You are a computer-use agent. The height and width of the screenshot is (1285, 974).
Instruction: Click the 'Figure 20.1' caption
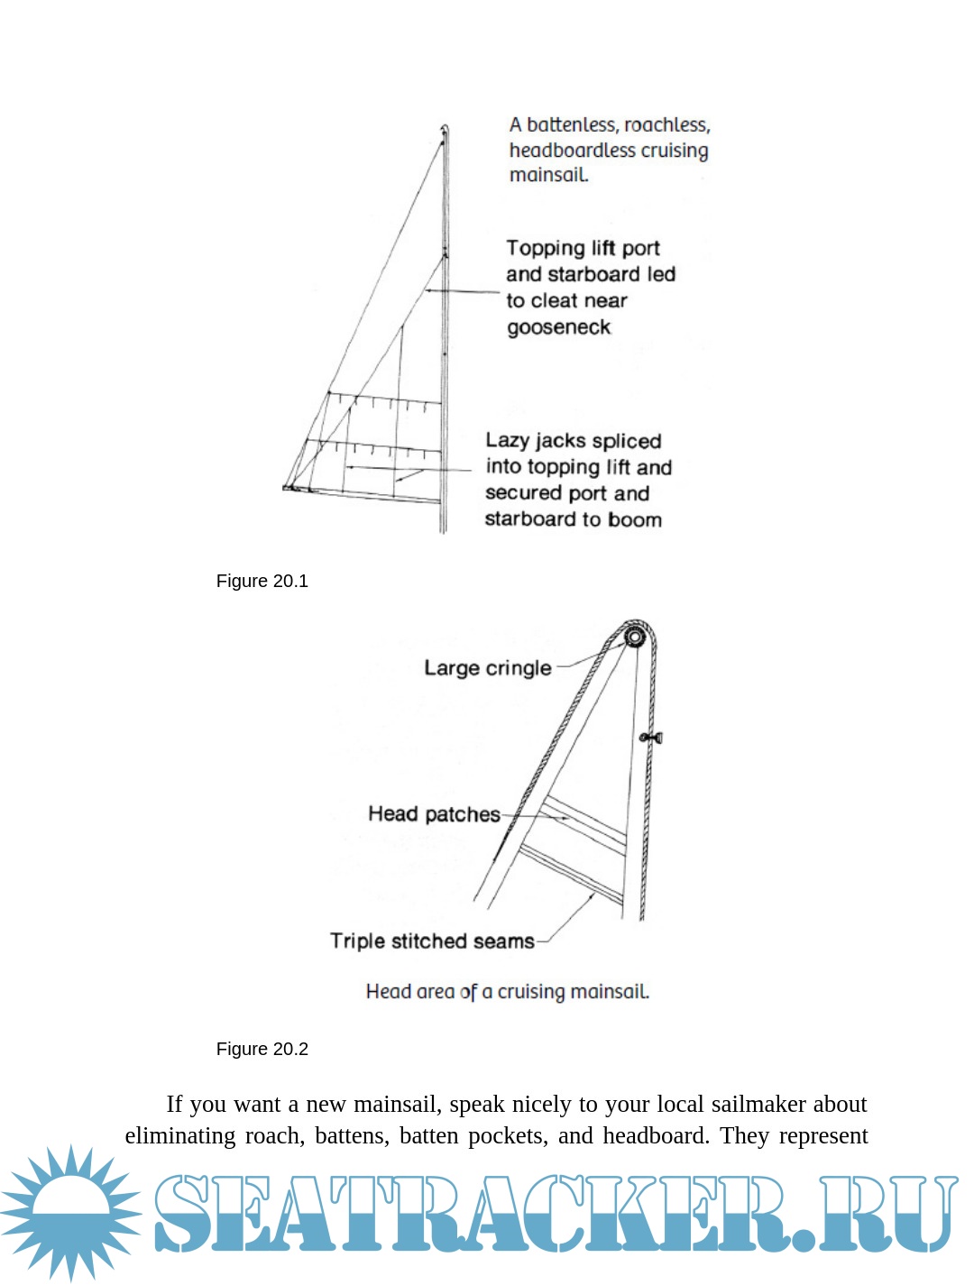262,581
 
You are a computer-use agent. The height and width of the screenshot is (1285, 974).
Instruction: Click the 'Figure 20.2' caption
262,1049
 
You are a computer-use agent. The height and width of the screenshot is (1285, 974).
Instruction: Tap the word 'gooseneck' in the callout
558,327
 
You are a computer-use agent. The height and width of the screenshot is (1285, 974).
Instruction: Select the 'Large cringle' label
487,668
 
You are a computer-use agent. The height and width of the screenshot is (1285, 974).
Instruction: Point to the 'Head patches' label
434,814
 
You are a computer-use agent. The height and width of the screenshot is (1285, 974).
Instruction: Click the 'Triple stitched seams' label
432,941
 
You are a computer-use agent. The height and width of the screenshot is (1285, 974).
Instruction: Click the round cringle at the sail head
633,638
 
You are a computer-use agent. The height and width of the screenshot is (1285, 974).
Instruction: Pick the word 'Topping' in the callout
545,248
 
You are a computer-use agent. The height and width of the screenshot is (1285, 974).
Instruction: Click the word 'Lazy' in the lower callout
507,441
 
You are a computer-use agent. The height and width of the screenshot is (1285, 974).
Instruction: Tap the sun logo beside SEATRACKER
70,1213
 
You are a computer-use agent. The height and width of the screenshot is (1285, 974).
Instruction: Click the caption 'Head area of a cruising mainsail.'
507,992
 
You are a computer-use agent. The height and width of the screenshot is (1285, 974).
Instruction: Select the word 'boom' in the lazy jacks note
635,519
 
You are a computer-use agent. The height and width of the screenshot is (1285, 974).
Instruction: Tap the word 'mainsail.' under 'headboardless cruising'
548,175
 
